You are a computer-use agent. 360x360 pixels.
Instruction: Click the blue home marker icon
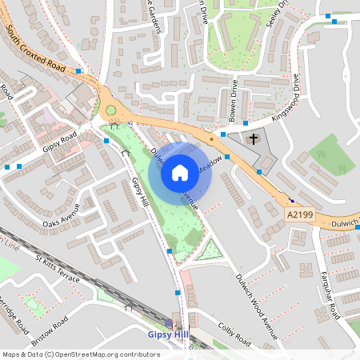180,172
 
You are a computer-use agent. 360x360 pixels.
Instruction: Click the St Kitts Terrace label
58,266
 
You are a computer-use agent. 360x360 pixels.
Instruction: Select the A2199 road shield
298,214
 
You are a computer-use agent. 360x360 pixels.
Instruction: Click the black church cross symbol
254,140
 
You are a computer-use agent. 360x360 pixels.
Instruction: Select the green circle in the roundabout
111,110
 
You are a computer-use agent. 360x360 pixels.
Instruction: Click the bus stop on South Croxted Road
78,71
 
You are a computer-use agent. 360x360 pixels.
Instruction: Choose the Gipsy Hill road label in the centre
140,193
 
